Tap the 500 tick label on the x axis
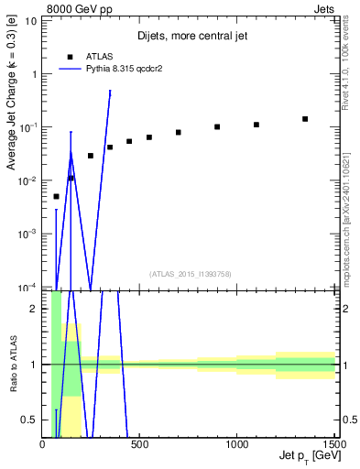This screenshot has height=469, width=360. [139, 444]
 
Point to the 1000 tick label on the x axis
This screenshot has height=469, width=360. [237, 444]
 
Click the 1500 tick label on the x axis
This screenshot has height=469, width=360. [333, 444]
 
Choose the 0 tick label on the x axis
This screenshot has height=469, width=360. [42, 444]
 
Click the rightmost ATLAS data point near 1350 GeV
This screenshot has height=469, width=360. [305, 119]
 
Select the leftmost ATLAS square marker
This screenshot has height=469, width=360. [56, 196]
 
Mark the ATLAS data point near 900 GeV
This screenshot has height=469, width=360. [217, 126]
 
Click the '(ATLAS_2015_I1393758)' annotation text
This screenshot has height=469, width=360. [190, 273]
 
